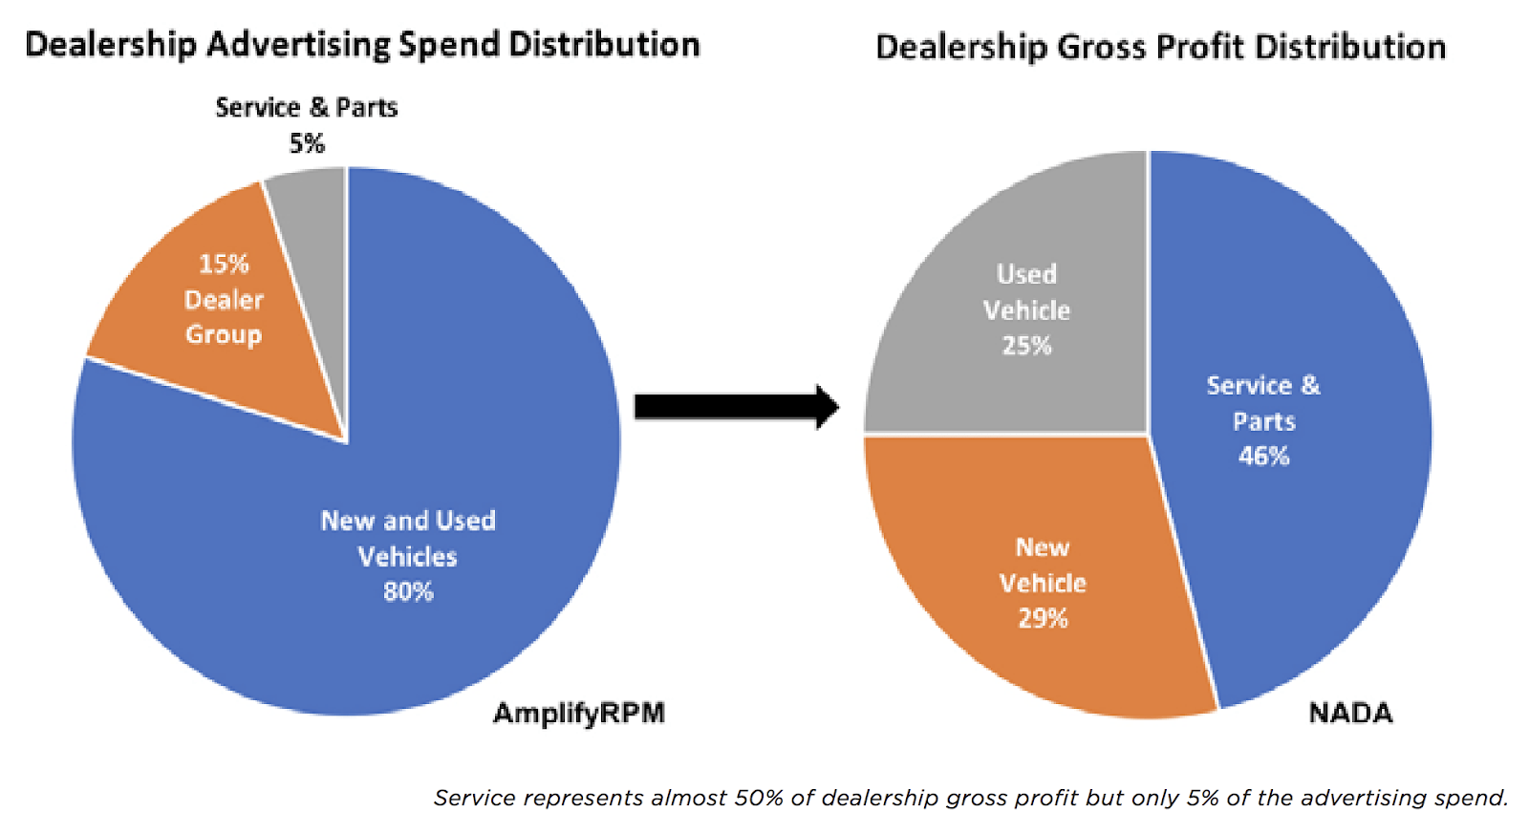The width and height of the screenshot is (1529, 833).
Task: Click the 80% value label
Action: (x=408, y=592)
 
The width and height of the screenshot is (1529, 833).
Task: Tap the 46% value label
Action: (x=1263, y=457)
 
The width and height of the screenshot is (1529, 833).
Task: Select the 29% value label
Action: (x=1043, y=619)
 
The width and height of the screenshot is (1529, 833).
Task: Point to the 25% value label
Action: (x=1026, y=346)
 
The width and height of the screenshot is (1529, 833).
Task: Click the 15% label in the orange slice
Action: (x=224, y=264)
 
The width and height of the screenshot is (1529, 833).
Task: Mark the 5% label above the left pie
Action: (x=307, y=143)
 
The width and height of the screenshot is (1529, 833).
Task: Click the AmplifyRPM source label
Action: (x=578, y=713)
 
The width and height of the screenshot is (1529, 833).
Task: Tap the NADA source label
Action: (x=1350, y=713)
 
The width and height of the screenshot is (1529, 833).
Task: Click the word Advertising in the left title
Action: (x=297, y=45)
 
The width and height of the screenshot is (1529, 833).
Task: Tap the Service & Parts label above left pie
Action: (x=306, y=107)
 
